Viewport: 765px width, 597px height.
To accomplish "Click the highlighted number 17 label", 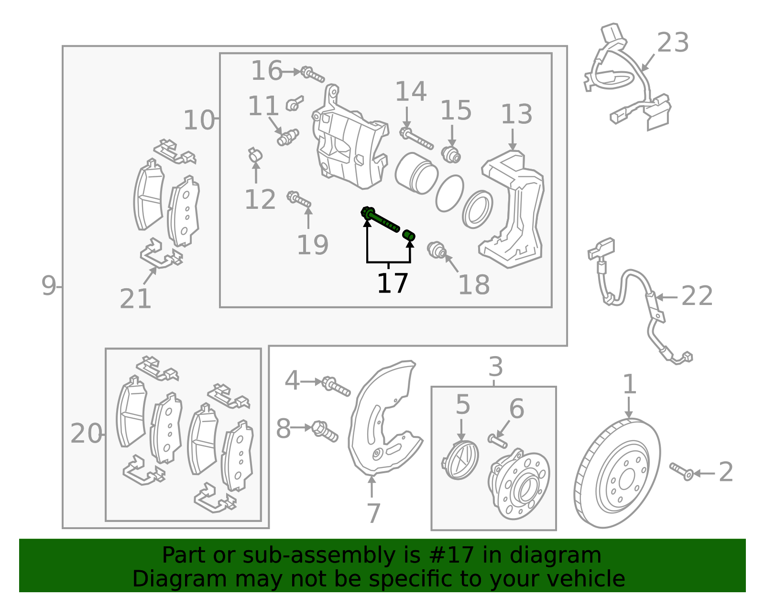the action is (392, 283).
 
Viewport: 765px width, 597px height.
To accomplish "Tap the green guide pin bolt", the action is (380, 219).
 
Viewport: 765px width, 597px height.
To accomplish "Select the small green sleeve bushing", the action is (409, 235).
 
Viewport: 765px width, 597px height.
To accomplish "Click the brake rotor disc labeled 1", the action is (617, 473).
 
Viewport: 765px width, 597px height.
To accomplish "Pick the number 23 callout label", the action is (673, 43).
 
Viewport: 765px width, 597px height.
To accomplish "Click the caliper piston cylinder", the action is (416, 173).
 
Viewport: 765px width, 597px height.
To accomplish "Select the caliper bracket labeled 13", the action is (512, 209).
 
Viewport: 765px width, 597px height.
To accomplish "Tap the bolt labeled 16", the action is (313, 75).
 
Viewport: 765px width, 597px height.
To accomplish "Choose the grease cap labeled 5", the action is (460, 460).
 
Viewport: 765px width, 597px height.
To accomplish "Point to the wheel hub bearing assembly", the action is (519, 484).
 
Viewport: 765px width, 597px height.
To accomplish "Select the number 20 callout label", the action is (86, 434).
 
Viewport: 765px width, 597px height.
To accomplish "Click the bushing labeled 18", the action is (437, 250).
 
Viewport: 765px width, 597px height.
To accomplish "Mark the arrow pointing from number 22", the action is (667, 297).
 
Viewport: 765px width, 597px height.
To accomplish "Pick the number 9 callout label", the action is (49, 286).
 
